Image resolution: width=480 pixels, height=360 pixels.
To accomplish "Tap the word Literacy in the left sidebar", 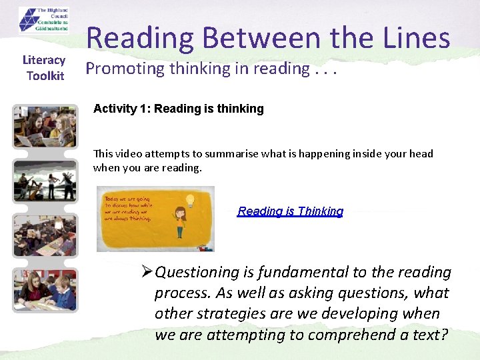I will tap(44, 61).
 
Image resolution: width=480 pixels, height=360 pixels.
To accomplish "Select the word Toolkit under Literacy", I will tap(45, 76).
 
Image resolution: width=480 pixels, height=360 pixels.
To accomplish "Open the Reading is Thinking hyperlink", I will tap(290, 211).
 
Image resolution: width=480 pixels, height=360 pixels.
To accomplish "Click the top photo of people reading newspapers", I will tap(45, 126).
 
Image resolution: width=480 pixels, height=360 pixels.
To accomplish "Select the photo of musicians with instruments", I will tap(45, 181).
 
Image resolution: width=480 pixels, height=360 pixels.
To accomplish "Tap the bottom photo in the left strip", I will tap(45, 289).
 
